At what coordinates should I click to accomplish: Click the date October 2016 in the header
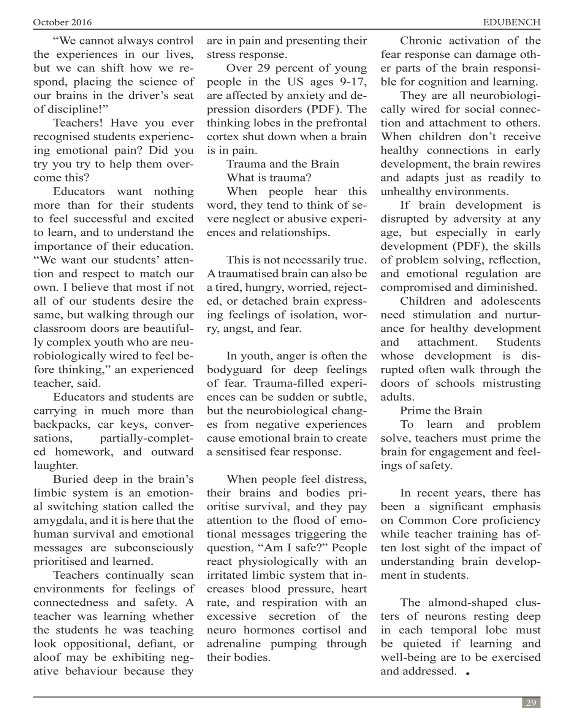pos(62,22)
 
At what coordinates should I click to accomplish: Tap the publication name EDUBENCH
pos(511,22)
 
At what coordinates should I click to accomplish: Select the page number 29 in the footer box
pos(531,703)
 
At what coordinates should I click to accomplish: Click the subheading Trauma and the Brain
pos(283,164)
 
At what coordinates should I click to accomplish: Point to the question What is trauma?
pos(269,178)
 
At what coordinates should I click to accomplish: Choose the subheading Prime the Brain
pos(441,411)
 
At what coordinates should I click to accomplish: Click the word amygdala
pos(58,521)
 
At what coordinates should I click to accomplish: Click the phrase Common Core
pos(423,521)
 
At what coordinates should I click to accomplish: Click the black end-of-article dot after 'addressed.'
pos(468,673)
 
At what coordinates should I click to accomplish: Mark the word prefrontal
pos(344,123)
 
